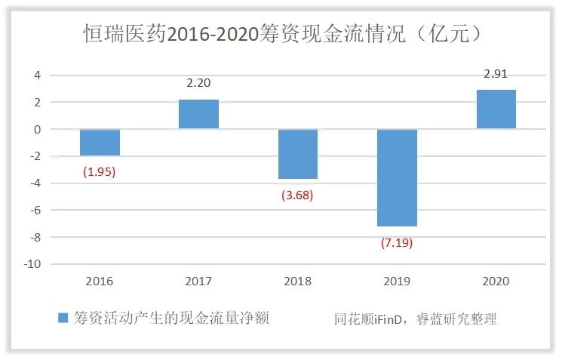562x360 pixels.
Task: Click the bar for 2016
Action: click(x=100, y=143)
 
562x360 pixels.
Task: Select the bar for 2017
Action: click(x=198, y=115)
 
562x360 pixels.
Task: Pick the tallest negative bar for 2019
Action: click(x=397, y=178)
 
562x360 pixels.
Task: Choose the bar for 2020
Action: click(x=496, y=109)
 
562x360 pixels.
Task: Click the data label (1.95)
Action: click(x=100, y=171)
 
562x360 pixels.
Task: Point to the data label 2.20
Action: click(x=198, y=85)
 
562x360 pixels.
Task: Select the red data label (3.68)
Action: click(x=297, y=195)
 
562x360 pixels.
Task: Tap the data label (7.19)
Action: click(x=397, y=243)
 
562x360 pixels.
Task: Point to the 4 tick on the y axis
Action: click(x=35, y=75)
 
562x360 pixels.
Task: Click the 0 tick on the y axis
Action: click(x=35, y=129)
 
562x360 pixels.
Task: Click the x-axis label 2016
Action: click(x=100, y=281)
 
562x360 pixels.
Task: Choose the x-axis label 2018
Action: click(x=297, y=281)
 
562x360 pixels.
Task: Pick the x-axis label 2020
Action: click(x=496, y=281)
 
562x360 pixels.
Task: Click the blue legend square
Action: click(x=63, y=318)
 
